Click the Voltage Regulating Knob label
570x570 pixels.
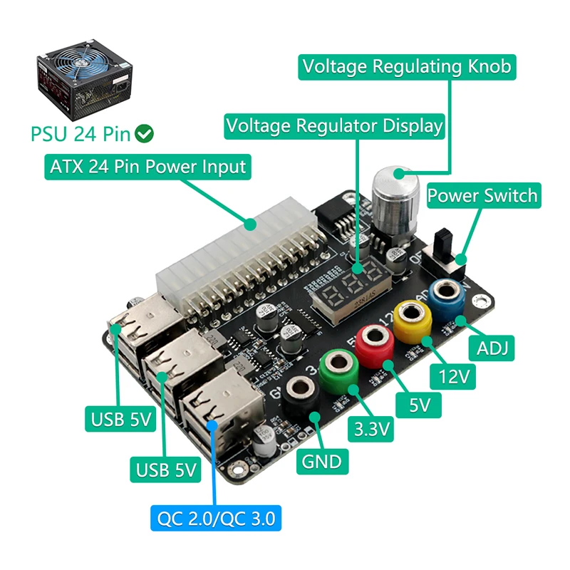point(407,66)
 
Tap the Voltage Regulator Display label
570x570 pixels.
point(334,126)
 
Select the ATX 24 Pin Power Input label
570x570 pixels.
point(148,167)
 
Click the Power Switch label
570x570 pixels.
point(482,195)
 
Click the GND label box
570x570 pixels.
point(322,461)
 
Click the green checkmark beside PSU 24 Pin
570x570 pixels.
point(145,133)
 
